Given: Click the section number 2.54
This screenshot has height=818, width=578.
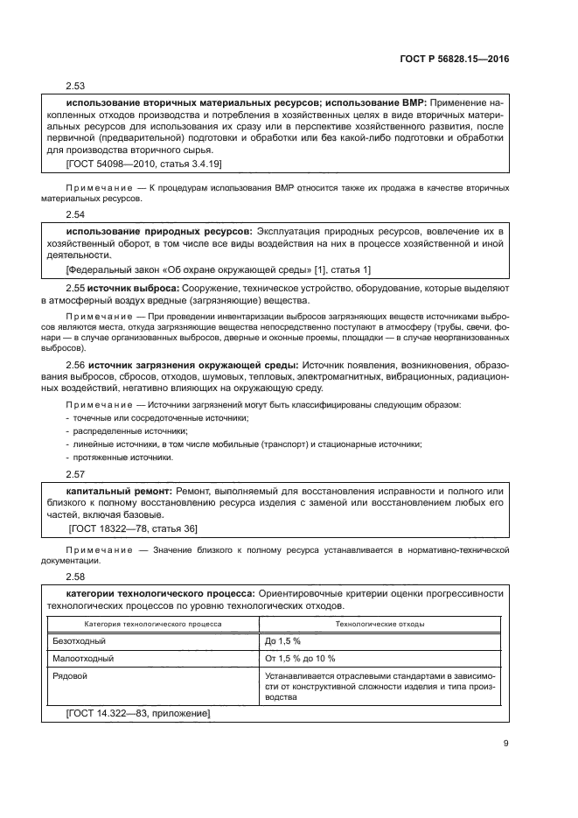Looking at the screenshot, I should [77, 213].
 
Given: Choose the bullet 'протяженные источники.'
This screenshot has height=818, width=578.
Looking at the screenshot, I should [119, 458].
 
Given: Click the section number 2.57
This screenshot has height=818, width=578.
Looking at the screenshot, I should [77, 474].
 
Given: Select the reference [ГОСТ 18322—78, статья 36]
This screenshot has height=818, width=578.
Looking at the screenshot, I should [133, 528].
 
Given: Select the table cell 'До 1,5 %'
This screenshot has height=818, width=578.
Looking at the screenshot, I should [282, 641].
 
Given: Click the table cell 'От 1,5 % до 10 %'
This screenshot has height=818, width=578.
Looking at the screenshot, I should [300, 658].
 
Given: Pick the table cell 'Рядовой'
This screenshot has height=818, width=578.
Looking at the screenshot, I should [70, 675].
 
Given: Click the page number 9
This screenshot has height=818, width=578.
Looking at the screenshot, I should [506, 745].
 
